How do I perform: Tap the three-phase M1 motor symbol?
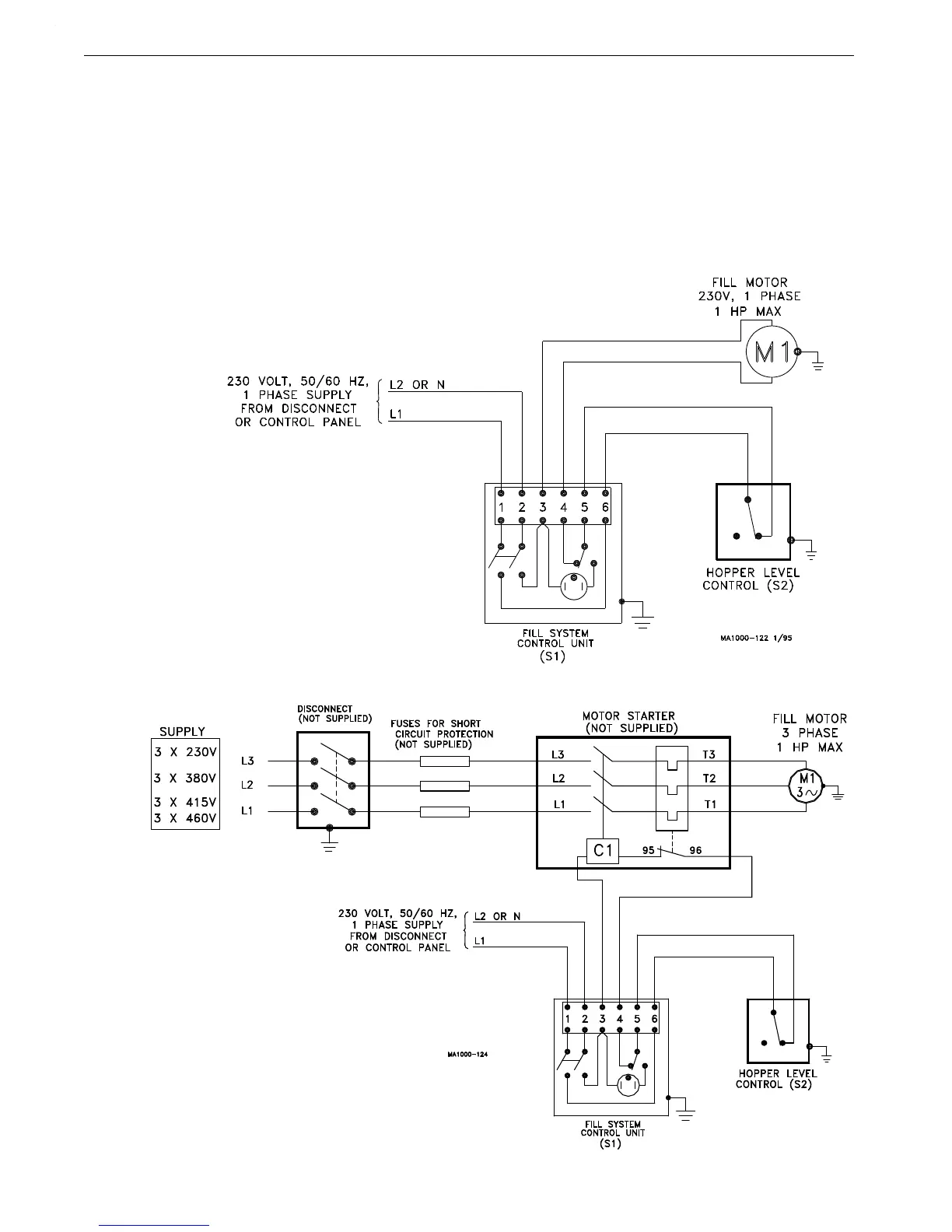point(807,786)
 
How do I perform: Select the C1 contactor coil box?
point(603,851)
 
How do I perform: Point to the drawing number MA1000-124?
point(467,1054)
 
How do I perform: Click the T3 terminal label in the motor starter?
point(709,755)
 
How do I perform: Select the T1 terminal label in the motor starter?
point(710,805)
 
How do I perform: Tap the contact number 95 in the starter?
point(648,850)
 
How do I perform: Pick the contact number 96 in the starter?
point(695,850)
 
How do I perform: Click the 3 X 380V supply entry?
point(185,778)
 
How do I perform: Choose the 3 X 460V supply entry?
point(185,818)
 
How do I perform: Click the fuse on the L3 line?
point(444,761)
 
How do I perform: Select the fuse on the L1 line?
point(444,812)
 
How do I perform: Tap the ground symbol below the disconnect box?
point(330,845)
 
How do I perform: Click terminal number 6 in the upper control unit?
point(605,507)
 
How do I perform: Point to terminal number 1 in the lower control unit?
point(568,1019)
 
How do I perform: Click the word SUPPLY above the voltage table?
point(182,732)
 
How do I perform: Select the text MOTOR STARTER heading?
point(629,716)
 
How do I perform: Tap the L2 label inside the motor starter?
point(558,779)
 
